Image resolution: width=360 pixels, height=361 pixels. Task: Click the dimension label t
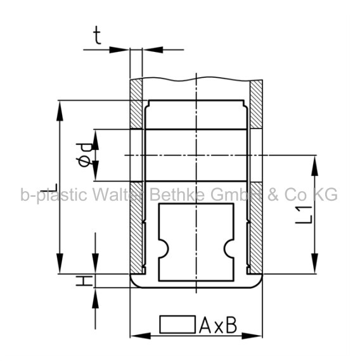pos(98,35)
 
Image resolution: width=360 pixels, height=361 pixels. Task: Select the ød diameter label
pos(84,155)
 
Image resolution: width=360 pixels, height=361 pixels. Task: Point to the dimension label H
pos(84,281)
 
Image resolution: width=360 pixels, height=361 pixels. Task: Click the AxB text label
pos(218,325)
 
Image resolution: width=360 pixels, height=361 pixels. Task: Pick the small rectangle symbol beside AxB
pos(177,324)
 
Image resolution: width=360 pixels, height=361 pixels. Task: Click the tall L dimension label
pos(49,187)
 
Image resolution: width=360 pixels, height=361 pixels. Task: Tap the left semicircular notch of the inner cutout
pos(164,249)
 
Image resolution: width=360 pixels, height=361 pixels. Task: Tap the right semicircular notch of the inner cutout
pos(229,249)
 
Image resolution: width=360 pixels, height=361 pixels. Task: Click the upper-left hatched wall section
pos(136,104)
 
